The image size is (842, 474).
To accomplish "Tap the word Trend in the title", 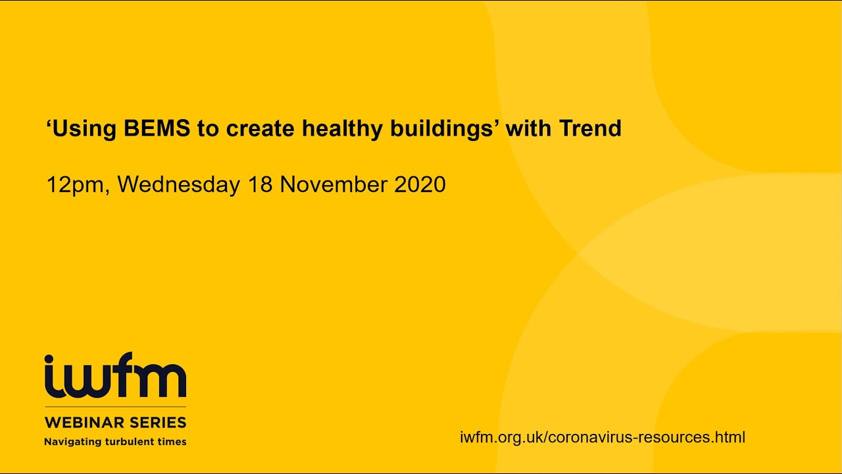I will pyautogui.click(x=590, y=128).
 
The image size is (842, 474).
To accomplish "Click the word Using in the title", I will pyautogui.click(x=84, y=128).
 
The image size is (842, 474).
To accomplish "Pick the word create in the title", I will pyautogui.click(x=261, y=128).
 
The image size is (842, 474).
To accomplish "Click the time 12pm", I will pyautogui.click(x=75, y=185).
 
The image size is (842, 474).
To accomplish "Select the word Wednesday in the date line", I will pyautogui.click(x=179, y=185).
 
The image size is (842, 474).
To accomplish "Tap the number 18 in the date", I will pyautogui.click(x=260, y=185).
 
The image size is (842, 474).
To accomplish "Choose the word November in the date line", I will pyautogui.click(x=334, y=185).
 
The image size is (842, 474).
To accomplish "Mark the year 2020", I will pyautogui.click(x=420, y=185).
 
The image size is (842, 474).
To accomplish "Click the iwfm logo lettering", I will pyautogui.click(x=115, y=376).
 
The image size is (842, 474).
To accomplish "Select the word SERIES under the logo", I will pyautogui.click(x=155, y=422).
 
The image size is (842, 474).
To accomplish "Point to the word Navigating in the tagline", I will pyautogui.click(x=70, y=442).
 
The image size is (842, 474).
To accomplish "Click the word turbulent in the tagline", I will pyautogui.click(x=129, y=442).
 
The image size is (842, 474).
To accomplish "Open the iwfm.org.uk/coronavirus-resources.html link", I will pyautogui.click(x=603, y=437).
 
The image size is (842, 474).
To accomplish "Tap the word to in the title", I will pyautogui.click(x=208, y=128).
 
